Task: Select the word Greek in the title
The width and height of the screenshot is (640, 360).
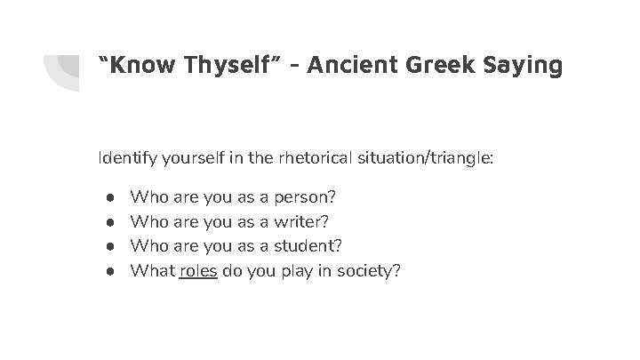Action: tap(437, 65)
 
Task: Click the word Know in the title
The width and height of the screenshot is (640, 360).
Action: tap(139, 65)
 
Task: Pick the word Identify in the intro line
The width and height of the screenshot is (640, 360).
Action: tap(127, 158)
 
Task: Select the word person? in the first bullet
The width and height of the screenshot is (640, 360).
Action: tap(306, 194)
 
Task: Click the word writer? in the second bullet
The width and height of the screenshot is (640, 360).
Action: tap(303, 220)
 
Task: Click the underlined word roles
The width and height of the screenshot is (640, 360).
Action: tap(198, 270)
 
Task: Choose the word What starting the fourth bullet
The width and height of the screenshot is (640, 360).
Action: tap(151, 270)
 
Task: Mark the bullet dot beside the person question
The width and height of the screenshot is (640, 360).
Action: tap(106, 195)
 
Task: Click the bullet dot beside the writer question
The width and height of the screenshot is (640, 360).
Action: tap(106, 220)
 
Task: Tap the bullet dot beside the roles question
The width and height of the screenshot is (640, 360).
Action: tap(106, 270)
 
